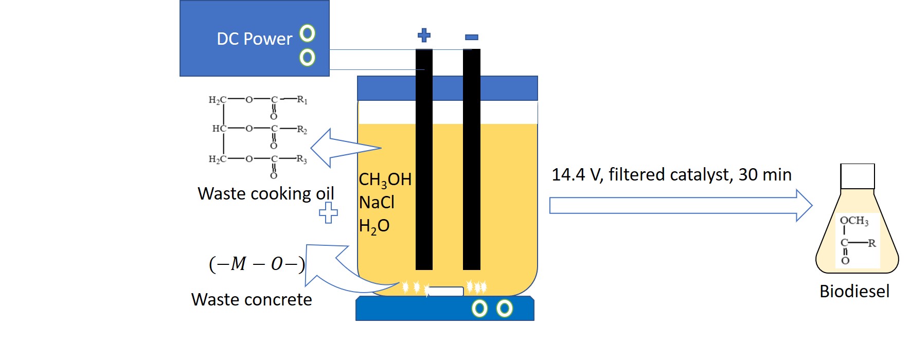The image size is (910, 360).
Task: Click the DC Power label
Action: [254, 39]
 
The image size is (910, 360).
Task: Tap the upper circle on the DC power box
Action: [308, 33]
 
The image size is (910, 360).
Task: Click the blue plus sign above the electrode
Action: [424, 35]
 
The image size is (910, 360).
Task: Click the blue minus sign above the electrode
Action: [472, 37]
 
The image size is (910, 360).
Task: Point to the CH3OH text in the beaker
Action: [385, 179]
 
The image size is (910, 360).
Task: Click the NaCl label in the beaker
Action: [377, 203]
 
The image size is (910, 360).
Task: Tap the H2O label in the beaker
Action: [374, 226]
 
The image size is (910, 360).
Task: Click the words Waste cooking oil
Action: [265, 194]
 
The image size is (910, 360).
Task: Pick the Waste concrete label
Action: [252, 300]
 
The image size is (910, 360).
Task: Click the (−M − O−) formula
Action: [257, 264]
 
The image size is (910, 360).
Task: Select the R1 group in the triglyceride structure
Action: [302, 100]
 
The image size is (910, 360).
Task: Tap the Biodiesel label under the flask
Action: [854, 292]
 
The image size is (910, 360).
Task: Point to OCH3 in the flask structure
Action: [854, 221]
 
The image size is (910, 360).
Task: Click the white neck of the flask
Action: [857, 176]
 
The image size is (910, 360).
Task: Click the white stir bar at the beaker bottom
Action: [445, 291]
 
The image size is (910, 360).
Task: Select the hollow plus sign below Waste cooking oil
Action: [328, 212]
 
